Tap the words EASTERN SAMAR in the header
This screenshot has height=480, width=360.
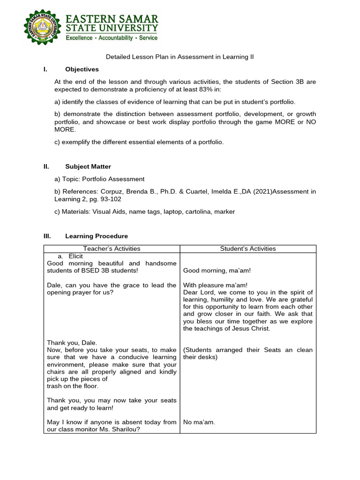click(x=112, y=19)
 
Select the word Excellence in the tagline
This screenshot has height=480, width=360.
click(x=79, y=37)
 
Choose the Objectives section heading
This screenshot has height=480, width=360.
click(x=82, y=69)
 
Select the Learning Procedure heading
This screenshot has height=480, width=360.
click(x=97, y=236)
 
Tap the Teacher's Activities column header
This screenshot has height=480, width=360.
click(x=112, y=248)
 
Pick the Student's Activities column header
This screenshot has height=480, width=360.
click(x=248, y=248)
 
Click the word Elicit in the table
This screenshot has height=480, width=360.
click(x=75, y=256)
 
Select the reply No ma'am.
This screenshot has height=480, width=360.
click(x=199, y=422)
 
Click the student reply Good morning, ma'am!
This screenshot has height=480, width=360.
click(x=214, y=270)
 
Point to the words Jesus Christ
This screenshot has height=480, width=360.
click(x=252, y=329)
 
